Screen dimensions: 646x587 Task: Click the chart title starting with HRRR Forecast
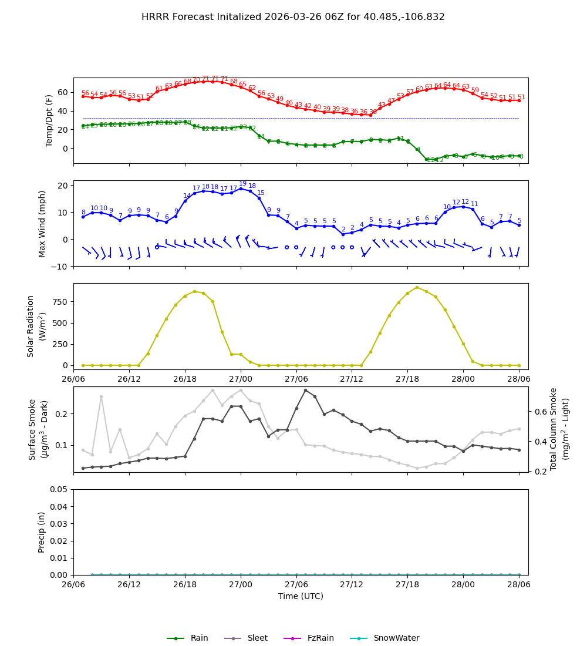pos(293,17)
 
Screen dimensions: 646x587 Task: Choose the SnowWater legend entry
pos(396,638)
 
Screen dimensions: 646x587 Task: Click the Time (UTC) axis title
pos(301,596)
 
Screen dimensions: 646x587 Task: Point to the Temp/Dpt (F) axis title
pos(50,120)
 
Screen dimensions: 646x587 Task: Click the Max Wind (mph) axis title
pos(42,223)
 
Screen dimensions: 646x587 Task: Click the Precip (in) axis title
pos(42,532)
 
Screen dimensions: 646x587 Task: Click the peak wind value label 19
pos(242,184)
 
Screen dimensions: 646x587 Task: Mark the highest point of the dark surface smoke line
pos(305,390)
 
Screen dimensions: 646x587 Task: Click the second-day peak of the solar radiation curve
pos(417,287)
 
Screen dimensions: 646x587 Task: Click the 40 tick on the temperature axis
pos(63,111)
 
